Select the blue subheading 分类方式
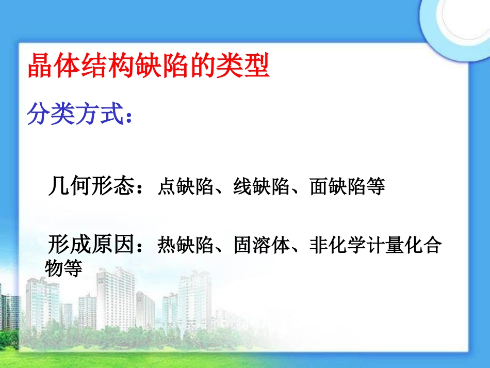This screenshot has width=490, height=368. (76, 115)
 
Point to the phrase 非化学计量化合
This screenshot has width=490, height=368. (375, 246)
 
